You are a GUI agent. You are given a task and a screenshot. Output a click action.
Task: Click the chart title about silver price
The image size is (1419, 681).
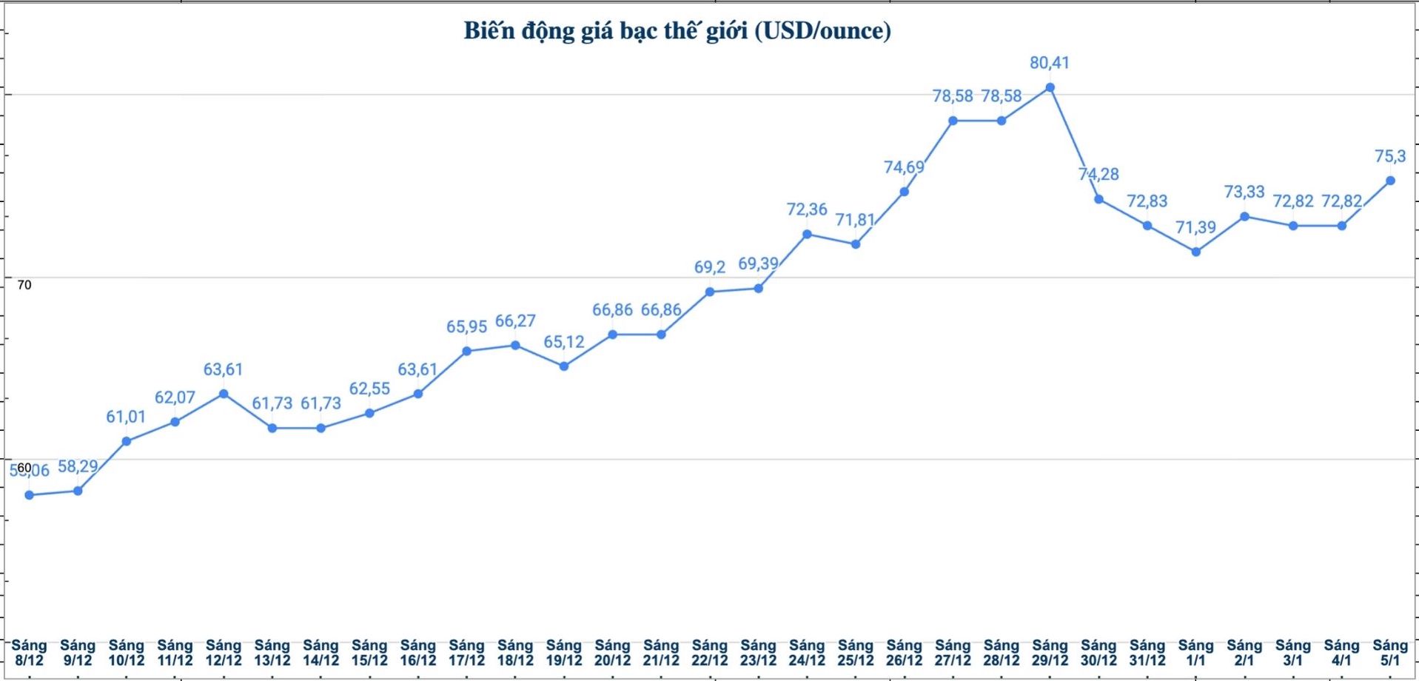click(x=677, y=31)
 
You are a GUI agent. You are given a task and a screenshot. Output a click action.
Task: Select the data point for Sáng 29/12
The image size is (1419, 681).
click(x=1050, y=87)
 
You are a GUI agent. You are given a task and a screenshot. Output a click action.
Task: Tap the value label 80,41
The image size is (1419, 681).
click(x=1050, y=63)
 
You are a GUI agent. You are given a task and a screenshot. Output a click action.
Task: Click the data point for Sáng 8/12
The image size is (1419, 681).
click(x=30, y=495)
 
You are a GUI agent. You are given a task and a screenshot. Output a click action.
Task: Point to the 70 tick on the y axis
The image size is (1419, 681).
click(x=24, y=285)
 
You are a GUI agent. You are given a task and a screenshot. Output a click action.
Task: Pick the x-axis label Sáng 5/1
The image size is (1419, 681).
click(x=1389, y=653)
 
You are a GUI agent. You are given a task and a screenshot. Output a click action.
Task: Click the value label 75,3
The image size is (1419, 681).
click(x=1389, y=156)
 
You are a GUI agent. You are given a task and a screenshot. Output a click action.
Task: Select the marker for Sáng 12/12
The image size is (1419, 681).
click(x=224, y=394)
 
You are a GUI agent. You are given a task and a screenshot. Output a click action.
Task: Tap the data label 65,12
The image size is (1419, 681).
click(x=564, y=342)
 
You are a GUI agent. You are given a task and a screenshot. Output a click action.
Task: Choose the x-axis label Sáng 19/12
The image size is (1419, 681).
click(x=564, y=653)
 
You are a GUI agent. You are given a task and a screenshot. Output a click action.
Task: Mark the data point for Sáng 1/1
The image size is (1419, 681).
click(x=1195, y=252)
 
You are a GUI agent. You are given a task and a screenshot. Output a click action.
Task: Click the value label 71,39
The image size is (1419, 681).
click(x=1195, y=227)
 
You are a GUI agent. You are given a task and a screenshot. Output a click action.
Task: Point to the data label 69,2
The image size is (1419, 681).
click(x=710, y=267)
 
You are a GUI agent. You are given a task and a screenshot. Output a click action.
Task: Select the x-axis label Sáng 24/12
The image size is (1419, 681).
click(x=807, y=653)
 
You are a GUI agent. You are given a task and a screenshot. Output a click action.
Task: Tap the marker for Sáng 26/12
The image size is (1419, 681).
click(x=904, y=192)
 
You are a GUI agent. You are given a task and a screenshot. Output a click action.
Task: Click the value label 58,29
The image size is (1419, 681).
click(x=78, y=466)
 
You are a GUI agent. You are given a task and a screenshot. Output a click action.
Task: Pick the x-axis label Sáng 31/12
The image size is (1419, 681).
click(x=1147, y=653)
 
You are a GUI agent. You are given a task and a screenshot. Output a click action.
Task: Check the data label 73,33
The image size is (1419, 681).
click(x=1244, y=192)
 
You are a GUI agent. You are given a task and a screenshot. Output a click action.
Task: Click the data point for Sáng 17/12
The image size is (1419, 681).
click(x=466, y=351)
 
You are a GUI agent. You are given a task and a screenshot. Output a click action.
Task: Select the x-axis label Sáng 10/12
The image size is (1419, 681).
click(x=127, y=653)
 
